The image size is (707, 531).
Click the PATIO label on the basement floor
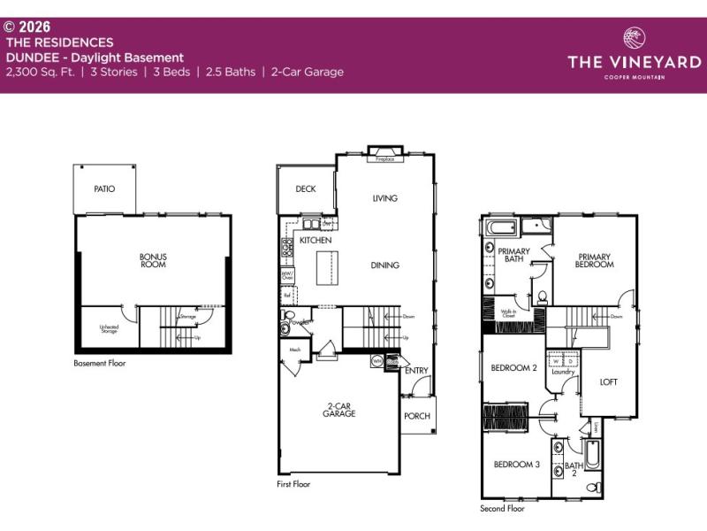tap(104, 189)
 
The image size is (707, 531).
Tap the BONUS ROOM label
tap(153, 261)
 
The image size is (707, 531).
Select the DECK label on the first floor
tap(306, 189)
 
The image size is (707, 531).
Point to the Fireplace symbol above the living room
tap(384, 154)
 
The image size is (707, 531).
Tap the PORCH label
tap(416, 415)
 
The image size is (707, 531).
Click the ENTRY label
tap(416, 370)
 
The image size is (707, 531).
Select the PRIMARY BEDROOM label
tap(595, 259)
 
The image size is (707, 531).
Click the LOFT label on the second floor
tap(609, 382)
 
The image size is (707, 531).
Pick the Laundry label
tap(563, 372)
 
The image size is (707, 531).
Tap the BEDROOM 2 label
tap(515, 367)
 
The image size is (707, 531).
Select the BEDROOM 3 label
tap(516, 464)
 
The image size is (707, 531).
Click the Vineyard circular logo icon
tap(635, 39)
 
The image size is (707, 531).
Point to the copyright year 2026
tap(34, 27)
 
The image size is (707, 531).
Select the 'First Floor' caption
tap(293, 484)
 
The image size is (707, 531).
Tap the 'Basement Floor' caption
tap(99, 363)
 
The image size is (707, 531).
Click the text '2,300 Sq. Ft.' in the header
tap(41, 72)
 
